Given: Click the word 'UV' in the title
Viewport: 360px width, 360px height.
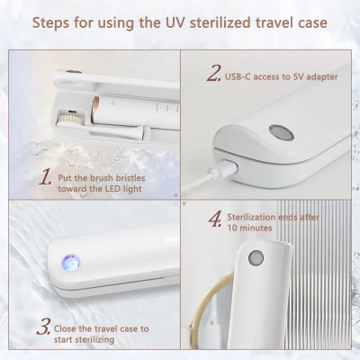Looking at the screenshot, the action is [x=175, y=22].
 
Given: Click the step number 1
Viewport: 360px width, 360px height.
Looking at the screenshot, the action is [x=45, y=177].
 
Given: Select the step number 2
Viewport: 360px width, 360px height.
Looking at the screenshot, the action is [x=213, y=74].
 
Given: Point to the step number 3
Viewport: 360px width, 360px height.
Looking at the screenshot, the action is [x=43, y=327].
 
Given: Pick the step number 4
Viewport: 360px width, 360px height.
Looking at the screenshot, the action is [x=215, y=219].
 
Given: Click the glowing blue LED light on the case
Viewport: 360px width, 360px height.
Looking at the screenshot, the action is [x=71, y=264].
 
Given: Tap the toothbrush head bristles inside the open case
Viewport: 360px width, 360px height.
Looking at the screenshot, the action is [x=69, y=120].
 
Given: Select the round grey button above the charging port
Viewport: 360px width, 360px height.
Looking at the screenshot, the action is [x=281, y=132].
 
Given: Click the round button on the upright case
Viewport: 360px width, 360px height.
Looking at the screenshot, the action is [x=256, y=257].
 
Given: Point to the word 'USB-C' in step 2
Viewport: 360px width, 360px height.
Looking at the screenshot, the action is [x=238, y=76].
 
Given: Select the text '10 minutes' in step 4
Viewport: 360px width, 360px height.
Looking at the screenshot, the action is [x=249, y=228].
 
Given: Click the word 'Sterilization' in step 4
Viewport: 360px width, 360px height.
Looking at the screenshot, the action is [x=251, y=217].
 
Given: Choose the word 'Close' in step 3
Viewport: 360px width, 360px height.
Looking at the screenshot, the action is [x=65, y=328].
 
